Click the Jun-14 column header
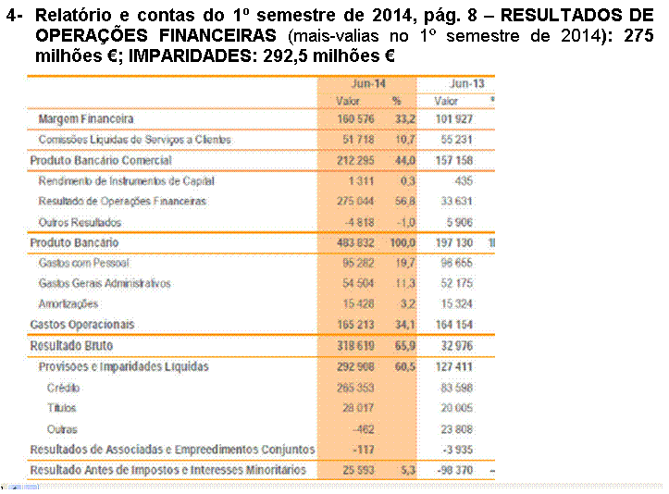[x=367, y=83]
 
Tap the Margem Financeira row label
[x=86, y=119]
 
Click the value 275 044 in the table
[x=357, y=201]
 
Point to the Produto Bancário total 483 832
[x=356, y=242]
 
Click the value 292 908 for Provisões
[x=356, y=366]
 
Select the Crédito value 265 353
[x=357, y=388]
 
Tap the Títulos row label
[x=61, y=408]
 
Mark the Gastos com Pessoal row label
[x=85, y=263]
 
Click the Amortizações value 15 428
[x=359, y=303]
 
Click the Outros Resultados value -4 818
[x=360, y=222]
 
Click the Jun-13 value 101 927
[x=458, y=119]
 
